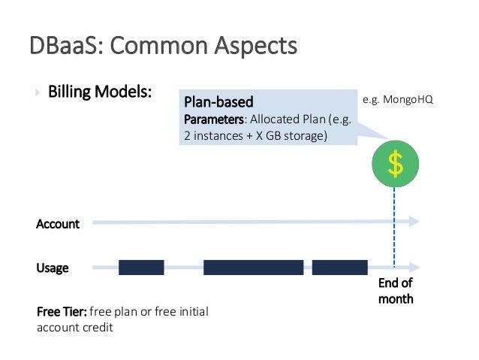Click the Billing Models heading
[101, 93]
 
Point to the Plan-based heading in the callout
[218, 101]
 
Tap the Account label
[58, 223]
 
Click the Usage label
[53, 268]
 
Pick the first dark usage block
[141, 268]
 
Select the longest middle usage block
[253, 268]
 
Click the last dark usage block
[339, 268]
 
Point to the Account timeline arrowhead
[414, 222]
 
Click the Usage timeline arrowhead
[414, 267]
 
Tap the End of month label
[396, 291]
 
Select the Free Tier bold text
[62, 312]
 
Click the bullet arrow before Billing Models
[37, 94]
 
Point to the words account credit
[74, 327]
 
